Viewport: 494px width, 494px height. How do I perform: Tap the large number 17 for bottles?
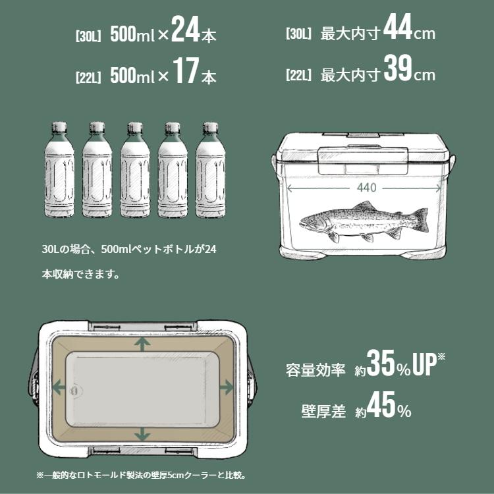tap(185, 74)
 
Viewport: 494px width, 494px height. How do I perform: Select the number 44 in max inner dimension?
tap(397, 29)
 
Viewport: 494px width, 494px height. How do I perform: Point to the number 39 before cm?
tap(397, 70)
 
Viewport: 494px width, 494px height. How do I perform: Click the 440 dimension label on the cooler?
tap(366, 188)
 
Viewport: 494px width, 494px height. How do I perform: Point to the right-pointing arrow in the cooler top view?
tap(225, 388)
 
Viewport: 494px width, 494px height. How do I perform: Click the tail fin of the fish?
tap(420, 219)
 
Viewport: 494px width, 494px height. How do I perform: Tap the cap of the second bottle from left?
tap(97, 126)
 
